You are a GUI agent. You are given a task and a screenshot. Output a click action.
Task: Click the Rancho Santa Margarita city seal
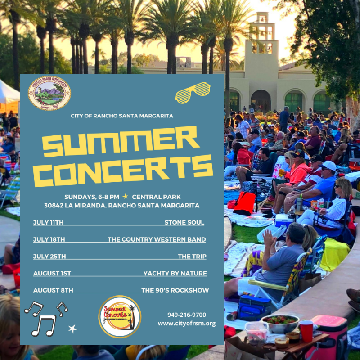[x=49, y=93]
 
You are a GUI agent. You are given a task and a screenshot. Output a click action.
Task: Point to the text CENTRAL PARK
[x=157, y=197]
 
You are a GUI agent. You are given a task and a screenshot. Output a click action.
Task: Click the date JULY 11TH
[x=49, y=222]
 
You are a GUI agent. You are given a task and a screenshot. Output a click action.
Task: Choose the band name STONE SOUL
[x=184, y=222]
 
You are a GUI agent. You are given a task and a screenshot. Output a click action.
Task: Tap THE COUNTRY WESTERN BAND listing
[x=157, y=239]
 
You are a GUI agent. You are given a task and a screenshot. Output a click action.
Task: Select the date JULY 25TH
[x=49, y=256]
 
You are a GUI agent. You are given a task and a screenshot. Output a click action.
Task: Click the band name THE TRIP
[x=192, y=256]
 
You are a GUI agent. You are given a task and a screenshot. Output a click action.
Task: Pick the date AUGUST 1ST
[x=52, y=273]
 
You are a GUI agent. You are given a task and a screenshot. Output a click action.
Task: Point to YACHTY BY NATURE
[x=175, y=273]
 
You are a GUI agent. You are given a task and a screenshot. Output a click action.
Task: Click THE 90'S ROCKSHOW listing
[x=175, y=290]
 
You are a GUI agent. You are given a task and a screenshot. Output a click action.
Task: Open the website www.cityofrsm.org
[x=187, y=323]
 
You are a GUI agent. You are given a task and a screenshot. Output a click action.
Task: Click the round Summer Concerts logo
[x=120, y=316]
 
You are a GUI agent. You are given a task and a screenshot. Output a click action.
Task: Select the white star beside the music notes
[x=72, y=329]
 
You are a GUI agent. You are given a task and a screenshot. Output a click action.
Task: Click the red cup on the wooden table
[x=306, y=331]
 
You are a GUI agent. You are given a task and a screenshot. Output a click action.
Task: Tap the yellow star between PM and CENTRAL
[x=126, y=197]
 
